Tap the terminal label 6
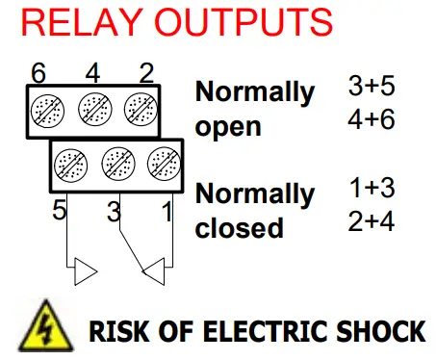pyautogui.click(x=39, y=73)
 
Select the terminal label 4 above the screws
pyautogui.click(x=91, y=73)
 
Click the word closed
pyautogui.click(x=240, y=228)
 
